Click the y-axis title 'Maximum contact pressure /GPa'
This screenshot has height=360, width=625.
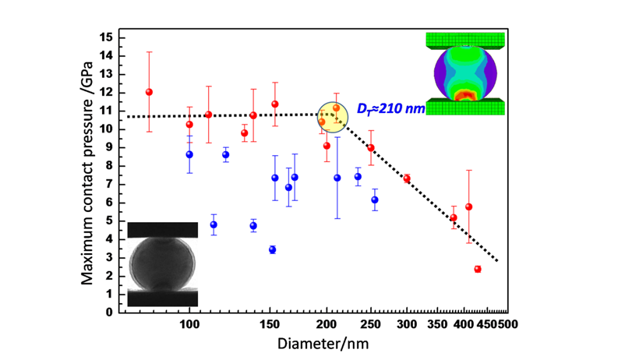coord(90,173)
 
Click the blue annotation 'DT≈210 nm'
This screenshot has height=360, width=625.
coord(390,108)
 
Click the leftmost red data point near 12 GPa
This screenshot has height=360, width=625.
coord(149,92)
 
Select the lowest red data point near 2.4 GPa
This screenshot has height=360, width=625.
coord(477,269)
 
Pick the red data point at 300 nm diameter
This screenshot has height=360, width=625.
coord(407,178)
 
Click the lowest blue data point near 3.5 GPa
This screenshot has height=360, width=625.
coord(272,249)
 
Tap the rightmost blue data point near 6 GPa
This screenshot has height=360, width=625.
coord(375,200)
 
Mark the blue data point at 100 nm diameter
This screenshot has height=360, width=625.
coord(189,154)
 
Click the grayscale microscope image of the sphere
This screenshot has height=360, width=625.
coord(162,264)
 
